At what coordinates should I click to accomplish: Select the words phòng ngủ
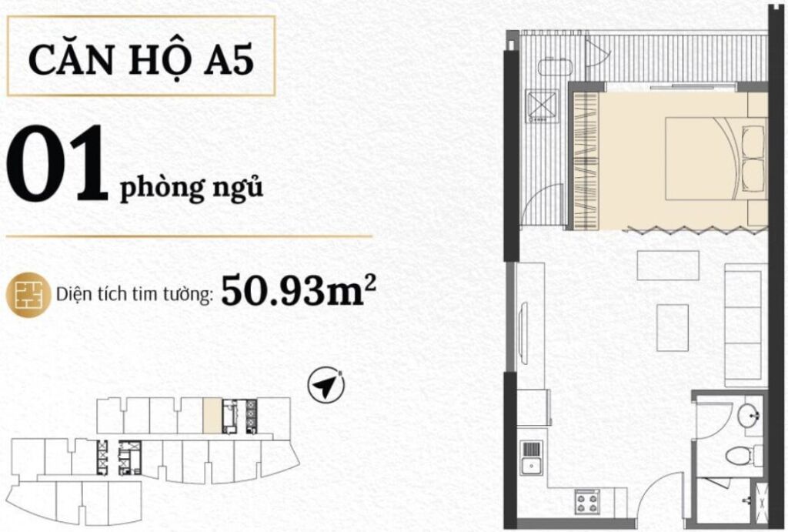[x=191, y=187]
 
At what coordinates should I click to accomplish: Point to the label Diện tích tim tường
[x=135, y=296]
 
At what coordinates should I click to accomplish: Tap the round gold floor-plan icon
[x=28, y=294]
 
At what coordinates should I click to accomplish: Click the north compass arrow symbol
[x=326, y=384]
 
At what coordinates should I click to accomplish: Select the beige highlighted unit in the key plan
[x=211, y=416]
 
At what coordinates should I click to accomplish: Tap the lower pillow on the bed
[x=753, y=176]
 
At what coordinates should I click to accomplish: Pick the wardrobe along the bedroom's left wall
[x=586, y=161]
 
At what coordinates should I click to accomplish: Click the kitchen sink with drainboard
[x=531, y=459]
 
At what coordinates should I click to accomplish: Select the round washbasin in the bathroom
[x=749, y=417]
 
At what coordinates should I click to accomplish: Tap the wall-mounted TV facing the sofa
[x=525, y=331]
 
